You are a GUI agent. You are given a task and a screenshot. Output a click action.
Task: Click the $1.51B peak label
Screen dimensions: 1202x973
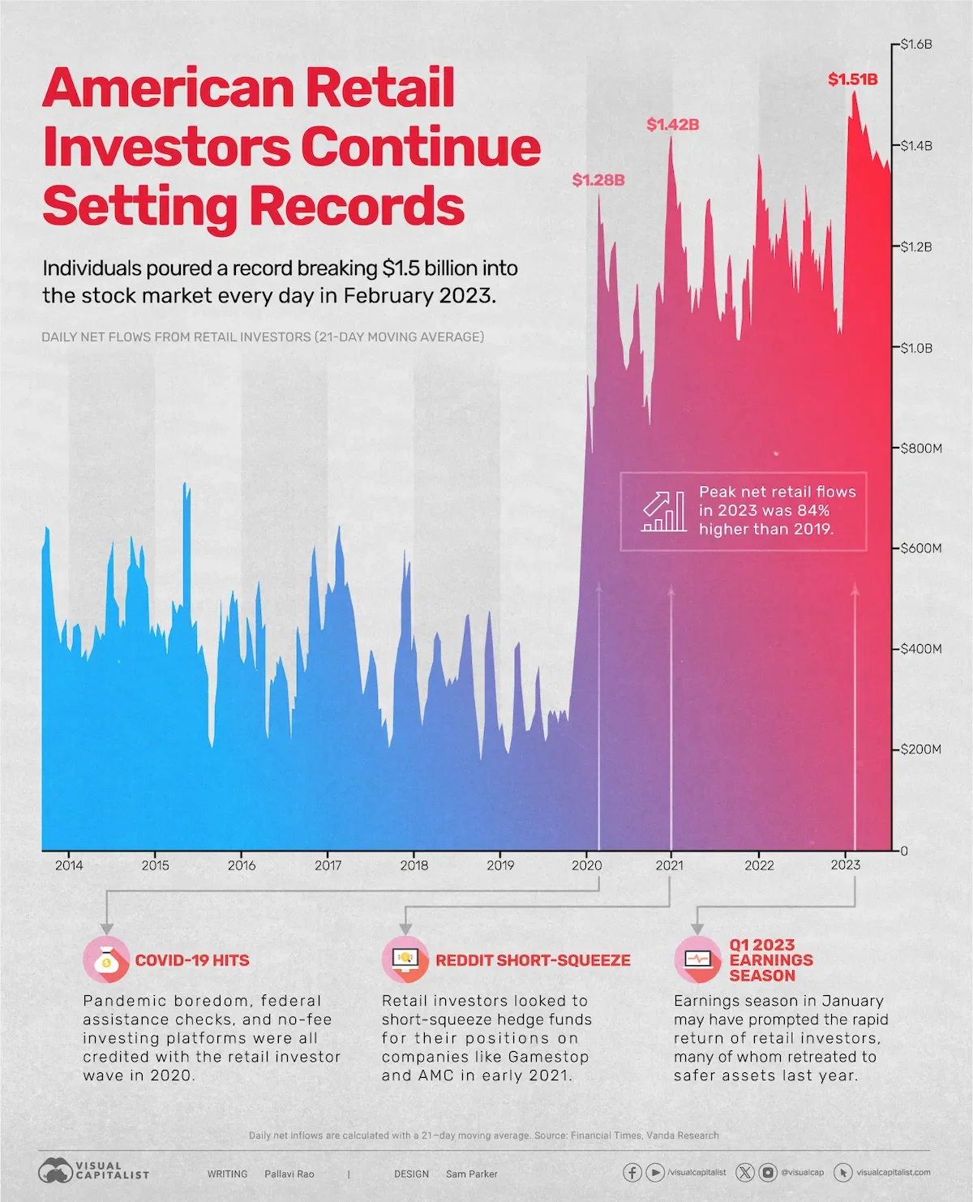tap(852, 79)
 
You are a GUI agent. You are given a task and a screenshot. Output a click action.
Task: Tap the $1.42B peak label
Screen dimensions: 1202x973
tap(672, 125)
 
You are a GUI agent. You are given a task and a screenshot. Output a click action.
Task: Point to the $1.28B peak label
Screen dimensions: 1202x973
tap(598, 180)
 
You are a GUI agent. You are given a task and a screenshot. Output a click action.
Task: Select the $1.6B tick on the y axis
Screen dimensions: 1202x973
tap(916, 45)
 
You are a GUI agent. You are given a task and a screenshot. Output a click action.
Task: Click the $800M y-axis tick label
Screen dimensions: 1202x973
tap(921, 448)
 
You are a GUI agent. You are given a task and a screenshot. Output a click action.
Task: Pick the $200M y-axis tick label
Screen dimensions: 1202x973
tap(921, 749)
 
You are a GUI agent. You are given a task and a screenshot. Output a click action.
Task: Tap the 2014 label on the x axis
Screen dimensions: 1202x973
tap(69, 865)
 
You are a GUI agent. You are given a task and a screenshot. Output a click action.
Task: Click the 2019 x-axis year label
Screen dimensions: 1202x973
tap(500, 865)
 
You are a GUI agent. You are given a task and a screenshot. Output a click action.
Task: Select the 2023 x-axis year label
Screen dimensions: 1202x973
tap(846, 865)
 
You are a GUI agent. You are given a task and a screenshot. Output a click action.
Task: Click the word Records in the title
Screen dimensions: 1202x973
tap(356, 206)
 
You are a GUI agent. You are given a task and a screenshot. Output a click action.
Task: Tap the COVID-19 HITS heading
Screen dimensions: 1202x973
tap(192, 960)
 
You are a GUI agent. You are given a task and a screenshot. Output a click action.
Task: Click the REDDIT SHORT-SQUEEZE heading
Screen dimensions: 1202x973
tap(533, 960)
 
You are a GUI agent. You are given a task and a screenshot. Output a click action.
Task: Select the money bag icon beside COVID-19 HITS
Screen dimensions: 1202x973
tap(106, 959)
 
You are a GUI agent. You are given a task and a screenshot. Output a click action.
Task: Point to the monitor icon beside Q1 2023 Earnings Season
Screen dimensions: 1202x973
tap(697, 959)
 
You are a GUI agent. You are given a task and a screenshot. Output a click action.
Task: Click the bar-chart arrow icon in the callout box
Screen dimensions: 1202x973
tap(664, 512)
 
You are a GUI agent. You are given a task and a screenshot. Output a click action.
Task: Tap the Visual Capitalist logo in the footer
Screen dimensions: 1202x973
tap(94, 1170)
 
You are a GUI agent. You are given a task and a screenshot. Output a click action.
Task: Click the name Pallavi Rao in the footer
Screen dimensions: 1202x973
tap(289, 1174)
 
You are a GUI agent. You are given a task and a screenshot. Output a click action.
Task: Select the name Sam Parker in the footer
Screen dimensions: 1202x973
tap(471, 1174)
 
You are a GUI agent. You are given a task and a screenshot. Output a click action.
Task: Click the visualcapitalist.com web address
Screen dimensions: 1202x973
tap(893, 1172)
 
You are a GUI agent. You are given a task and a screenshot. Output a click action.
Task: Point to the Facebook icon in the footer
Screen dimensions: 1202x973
tap(632, 1172)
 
